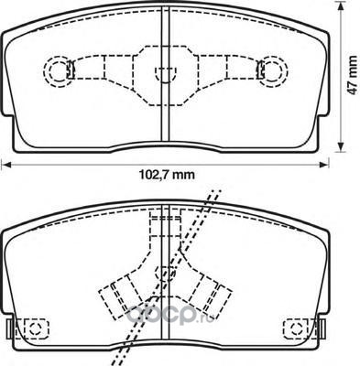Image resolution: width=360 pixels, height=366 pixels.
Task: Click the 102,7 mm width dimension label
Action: [167, 175]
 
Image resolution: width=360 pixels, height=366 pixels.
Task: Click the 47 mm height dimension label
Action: [353, 75]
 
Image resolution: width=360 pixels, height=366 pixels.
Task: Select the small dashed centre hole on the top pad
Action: [166, 74]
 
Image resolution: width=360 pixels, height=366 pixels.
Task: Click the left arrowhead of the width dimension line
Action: [6, 165]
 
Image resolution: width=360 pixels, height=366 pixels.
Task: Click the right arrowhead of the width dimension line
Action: [324, 165]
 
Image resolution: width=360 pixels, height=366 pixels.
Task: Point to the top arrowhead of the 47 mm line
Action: [342, 6]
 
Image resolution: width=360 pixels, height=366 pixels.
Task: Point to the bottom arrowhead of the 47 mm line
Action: [342, 146]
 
